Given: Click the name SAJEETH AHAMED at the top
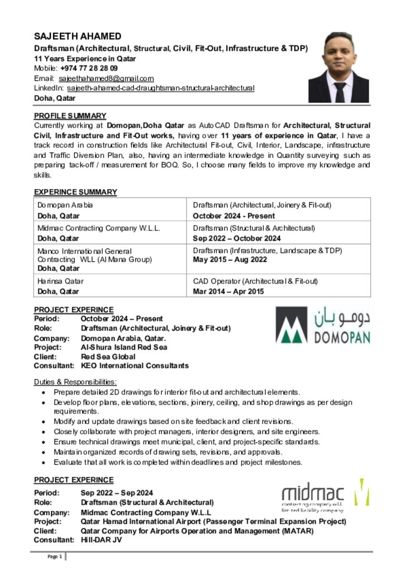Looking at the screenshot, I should point(78,36).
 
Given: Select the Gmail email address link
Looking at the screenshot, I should point(106,78).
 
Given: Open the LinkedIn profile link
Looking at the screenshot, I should point(161,88).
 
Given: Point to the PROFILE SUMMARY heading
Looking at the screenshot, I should point(70,116).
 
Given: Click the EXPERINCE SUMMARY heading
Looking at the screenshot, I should point(75,192).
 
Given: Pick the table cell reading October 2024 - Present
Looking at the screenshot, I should point(234,216).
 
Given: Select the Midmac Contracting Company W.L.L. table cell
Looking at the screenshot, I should point(99,228).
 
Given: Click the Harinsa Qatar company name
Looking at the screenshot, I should point(60,281).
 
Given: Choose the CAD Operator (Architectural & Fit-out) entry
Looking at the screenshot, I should point(255,281).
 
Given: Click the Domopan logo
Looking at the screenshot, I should point(323,325).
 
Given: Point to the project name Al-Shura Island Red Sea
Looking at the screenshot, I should point(124,347).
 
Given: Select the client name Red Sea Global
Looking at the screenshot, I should point(108,356).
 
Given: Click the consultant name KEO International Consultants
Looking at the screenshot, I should point(135,366).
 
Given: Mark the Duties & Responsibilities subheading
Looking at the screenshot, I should point(75,382).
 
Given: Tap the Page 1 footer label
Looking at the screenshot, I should point(54,556).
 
